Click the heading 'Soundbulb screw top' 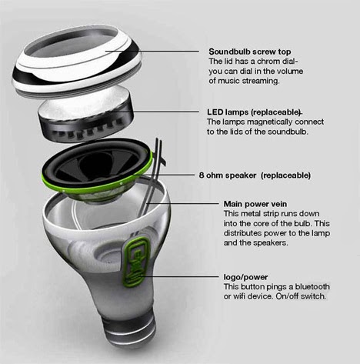click(x=250, y=52)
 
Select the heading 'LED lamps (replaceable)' click(x=254, y=112)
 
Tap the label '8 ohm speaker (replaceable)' click(x=255, y=175)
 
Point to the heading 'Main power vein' click(x=255, y=204)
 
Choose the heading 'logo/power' click(x=245, y=277)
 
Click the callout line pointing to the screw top click(x=152, y=52)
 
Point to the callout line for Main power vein click(x=183, y=203)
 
